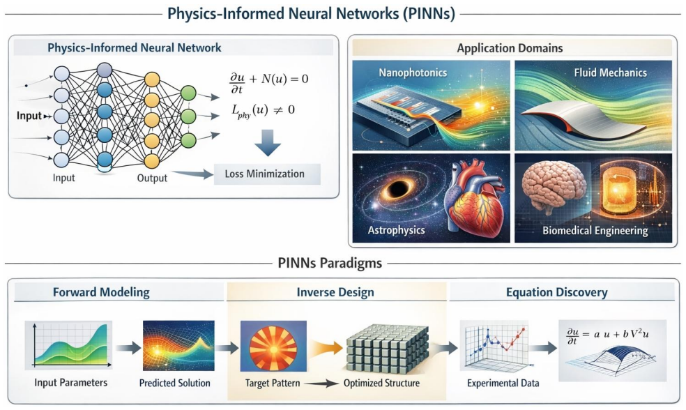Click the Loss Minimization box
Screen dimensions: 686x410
click(x=267, y=174)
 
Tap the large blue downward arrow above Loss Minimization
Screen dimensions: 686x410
click(x=267, y=143)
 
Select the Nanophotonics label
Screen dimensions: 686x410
click(x=413, y=73)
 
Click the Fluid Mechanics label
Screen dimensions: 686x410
click(x=610, y=73)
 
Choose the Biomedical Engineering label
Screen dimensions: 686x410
click(x=595, y=231)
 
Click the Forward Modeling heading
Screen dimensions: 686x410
click(x=101, y=292)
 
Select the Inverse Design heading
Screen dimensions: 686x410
click(x=335, y=292)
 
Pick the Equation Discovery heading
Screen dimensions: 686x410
click(x=556, y=292)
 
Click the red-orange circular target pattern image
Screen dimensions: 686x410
click(x=273, y=346)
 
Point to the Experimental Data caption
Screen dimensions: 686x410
click(x=503, y=384)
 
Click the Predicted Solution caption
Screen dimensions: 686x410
click(x=174, y=383)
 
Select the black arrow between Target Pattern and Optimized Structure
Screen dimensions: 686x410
click(x=321, y=384)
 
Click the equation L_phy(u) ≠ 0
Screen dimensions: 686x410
click(x=264, y=111)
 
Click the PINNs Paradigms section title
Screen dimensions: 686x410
click(x=330, y=264)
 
